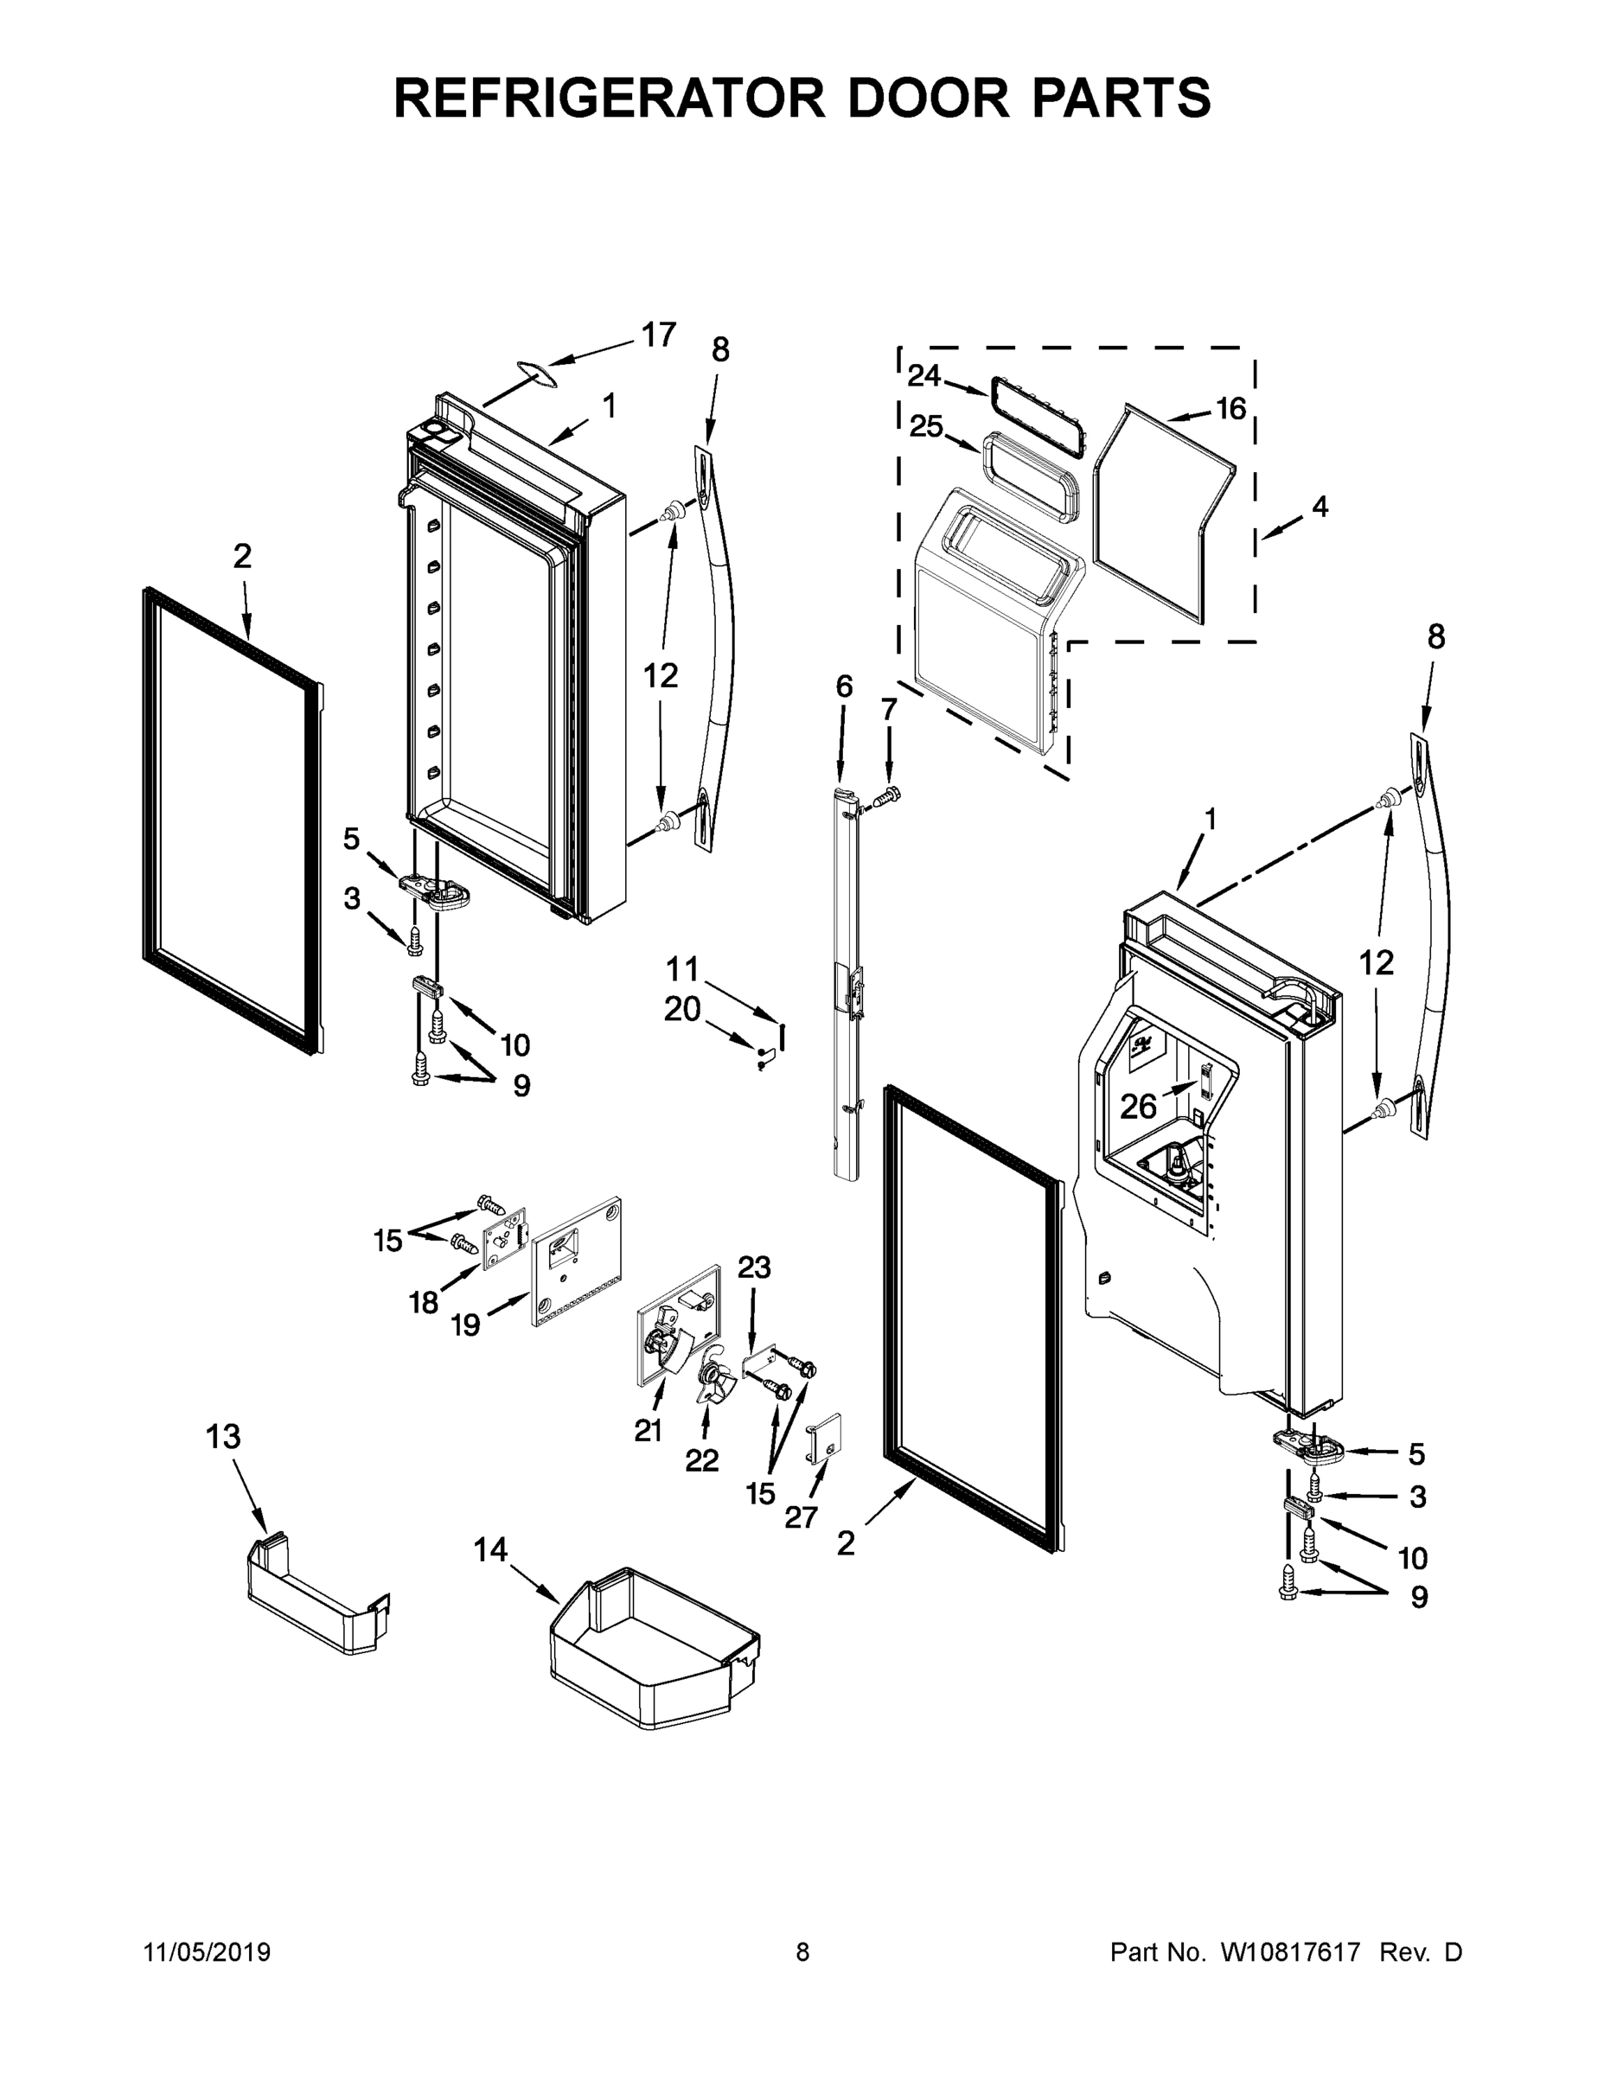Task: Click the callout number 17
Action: click(659, 335)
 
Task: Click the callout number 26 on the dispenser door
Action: click(1139, 1106)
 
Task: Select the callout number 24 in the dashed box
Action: click(923, 377)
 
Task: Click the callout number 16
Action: click(1230, 409)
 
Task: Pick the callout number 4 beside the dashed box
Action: click(1320, 507)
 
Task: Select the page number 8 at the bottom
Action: click(802, 1951)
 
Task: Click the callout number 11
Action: click(681, 969)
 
